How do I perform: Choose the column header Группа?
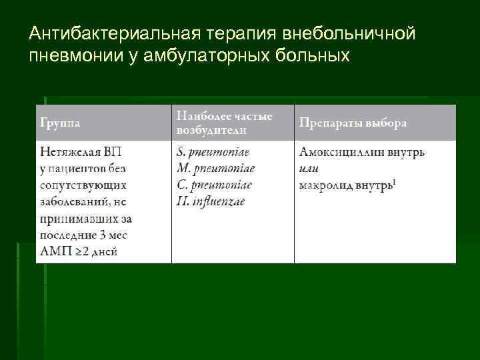61,123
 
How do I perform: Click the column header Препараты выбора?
353,123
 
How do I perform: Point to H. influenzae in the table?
211,201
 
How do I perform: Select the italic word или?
309,168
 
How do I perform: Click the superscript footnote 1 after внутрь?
394,181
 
